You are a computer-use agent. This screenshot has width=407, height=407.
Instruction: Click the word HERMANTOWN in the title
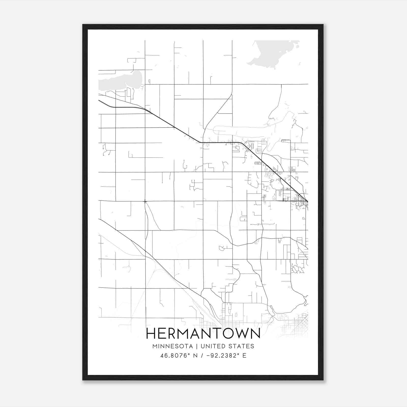(x=203, y=333)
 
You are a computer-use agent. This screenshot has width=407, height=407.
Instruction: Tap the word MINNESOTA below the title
(x=172, y=346)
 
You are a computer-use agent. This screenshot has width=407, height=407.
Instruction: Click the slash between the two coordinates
(x=202, y=356)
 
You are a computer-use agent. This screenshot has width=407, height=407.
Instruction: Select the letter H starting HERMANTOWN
(x=152, y=333)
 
